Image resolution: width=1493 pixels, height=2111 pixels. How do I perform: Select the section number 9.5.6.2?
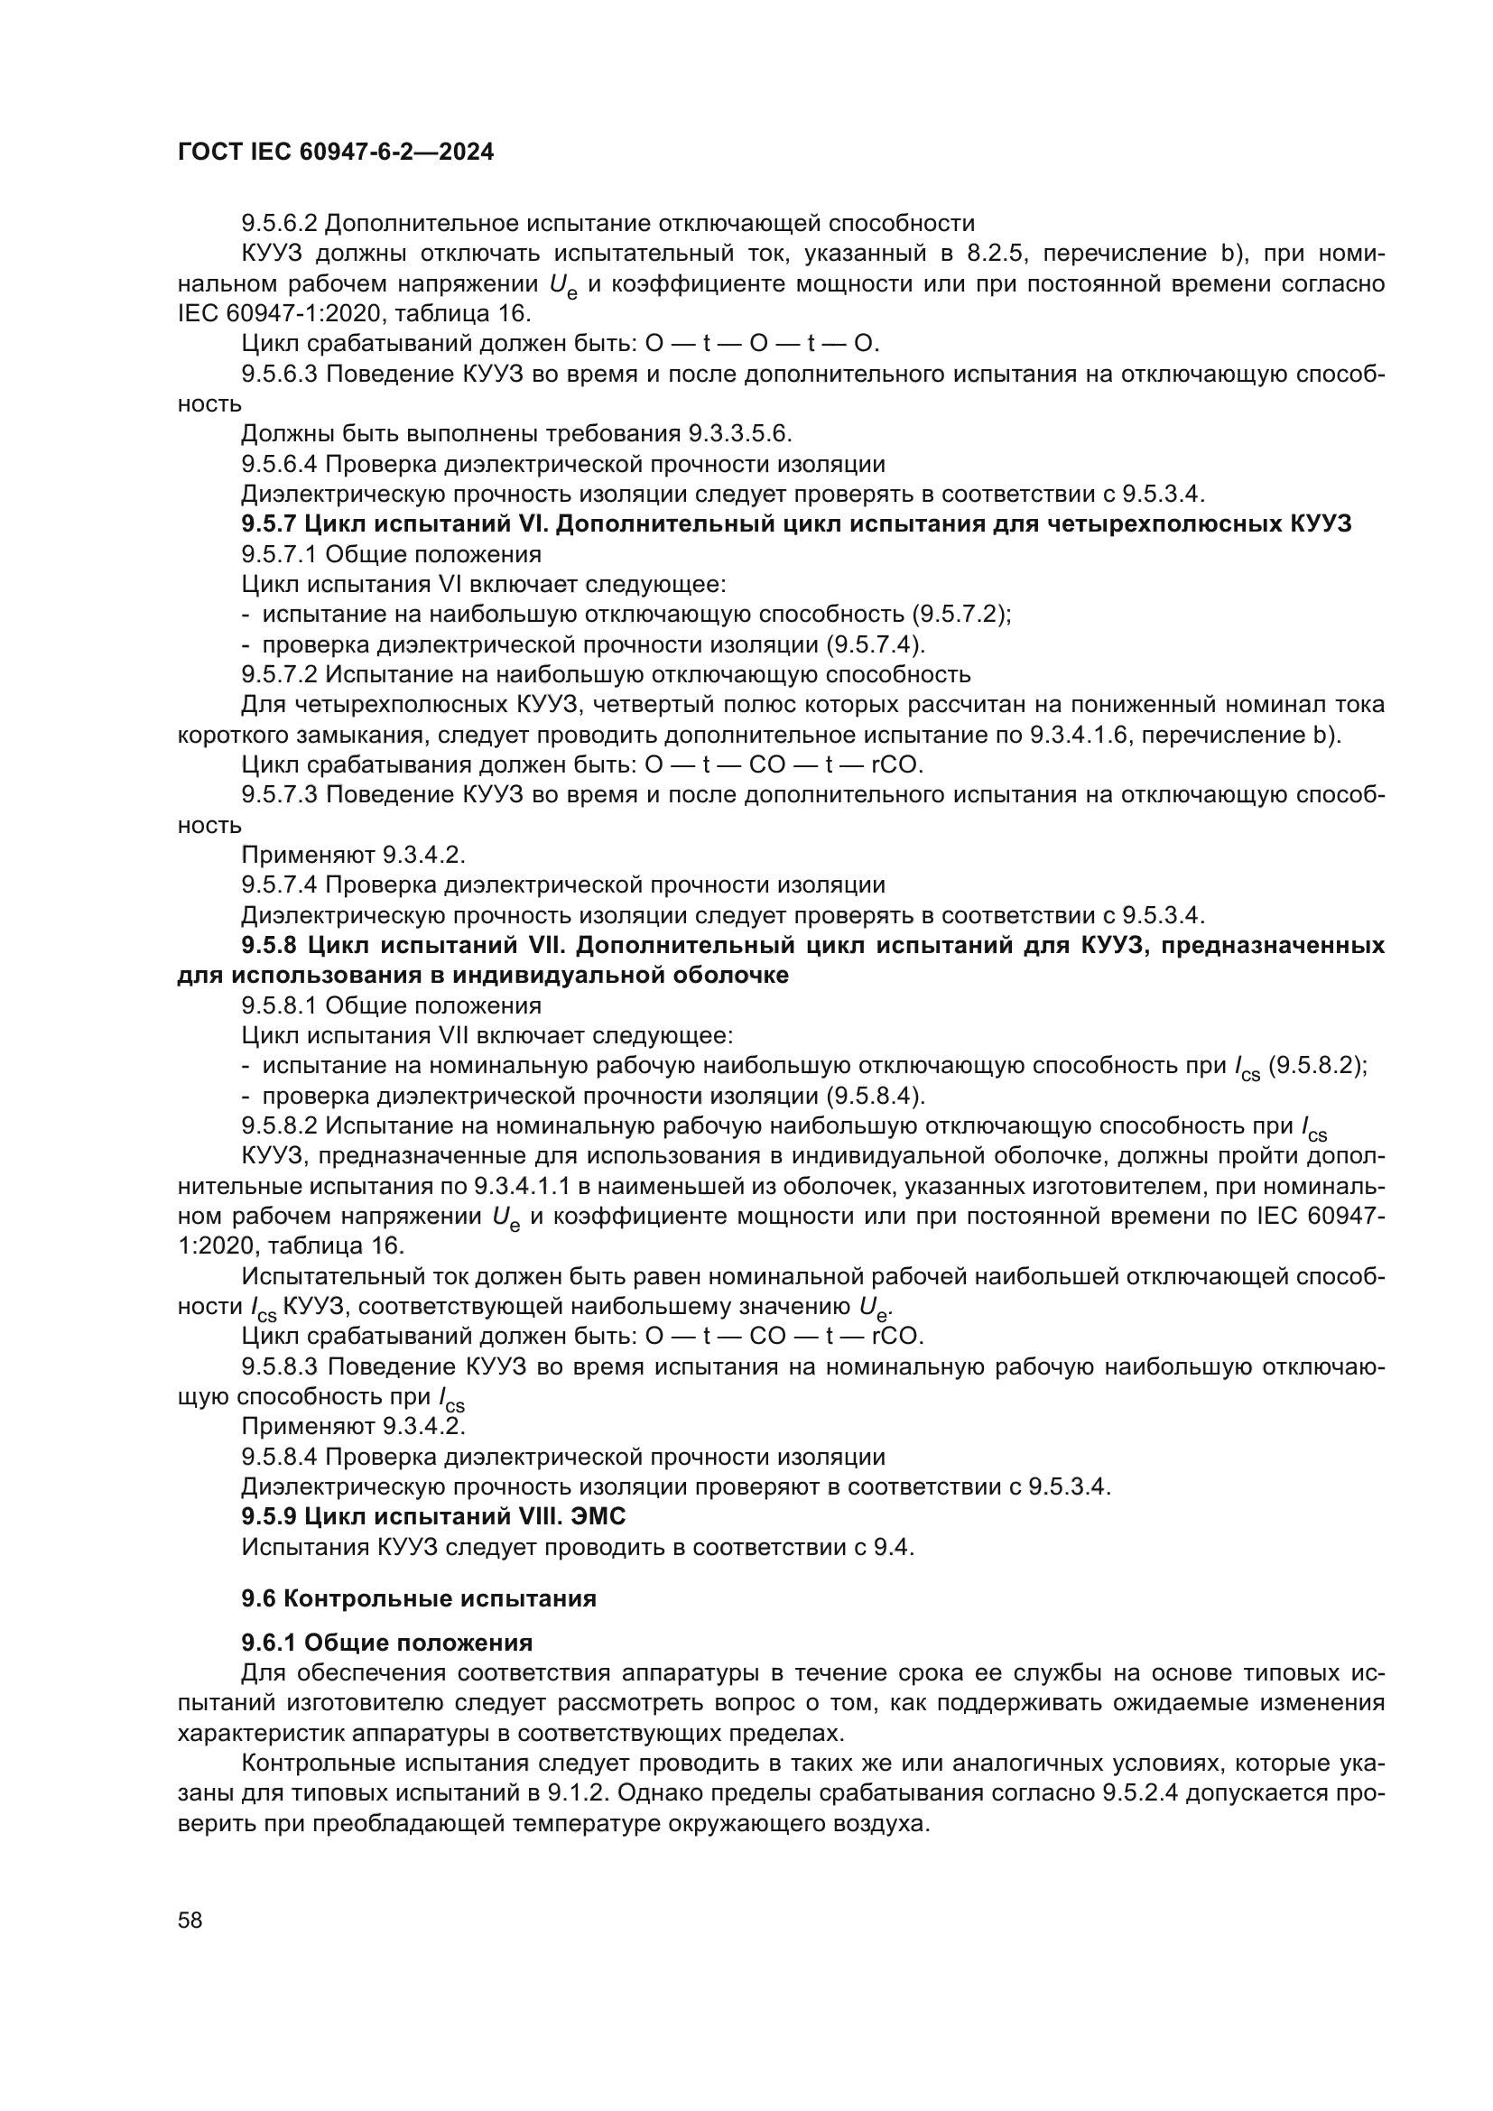point(280,224)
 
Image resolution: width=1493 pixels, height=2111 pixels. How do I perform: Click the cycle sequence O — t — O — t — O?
point(762,344)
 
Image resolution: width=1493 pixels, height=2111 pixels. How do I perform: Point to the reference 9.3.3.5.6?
point(740,434)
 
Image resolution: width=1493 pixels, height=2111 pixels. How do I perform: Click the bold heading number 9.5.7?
point(269,524)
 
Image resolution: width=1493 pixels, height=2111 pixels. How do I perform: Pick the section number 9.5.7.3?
point(280,794)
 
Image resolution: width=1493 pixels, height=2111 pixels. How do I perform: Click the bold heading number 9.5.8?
point(270,945)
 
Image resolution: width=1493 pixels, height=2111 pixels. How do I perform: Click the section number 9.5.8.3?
point(280,1367)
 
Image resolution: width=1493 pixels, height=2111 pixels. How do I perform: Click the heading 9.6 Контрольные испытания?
point(418,1599)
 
